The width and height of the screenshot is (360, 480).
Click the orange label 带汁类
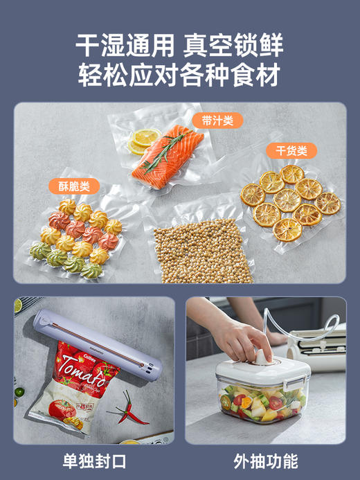point(213,120)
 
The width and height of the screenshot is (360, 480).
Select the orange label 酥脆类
point(74,186)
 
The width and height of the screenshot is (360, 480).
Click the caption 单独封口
point(94,461)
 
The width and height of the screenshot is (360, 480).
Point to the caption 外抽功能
point(266,461)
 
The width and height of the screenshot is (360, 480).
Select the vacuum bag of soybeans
point(201,249)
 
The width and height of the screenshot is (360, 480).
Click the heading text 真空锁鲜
point(235,44)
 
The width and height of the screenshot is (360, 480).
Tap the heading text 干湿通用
point(125,44)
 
